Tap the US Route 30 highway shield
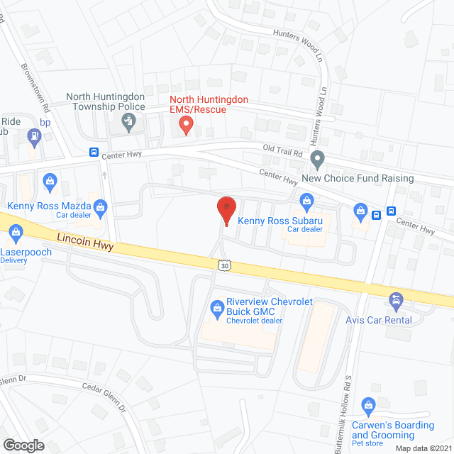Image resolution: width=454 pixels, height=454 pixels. point(224,264)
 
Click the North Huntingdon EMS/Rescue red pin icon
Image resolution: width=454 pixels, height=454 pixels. point(186,126)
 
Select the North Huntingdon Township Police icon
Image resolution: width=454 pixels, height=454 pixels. point(128,123)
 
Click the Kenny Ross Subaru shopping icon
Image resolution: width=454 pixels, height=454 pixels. point(306,201)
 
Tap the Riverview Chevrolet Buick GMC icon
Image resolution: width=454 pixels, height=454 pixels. point(216,307)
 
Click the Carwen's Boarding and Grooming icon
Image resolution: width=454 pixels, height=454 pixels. point(367,406)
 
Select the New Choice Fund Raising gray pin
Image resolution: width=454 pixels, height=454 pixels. point(318,158)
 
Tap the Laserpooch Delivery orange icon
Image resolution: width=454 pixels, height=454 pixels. point(15,231)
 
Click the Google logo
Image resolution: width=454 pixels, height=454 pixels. point(23,445)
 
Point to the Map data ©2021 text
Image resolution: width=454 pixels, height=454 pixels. point(423,448)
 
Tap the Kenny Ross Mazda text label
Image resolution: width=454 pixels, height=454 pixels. point(48,206)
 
